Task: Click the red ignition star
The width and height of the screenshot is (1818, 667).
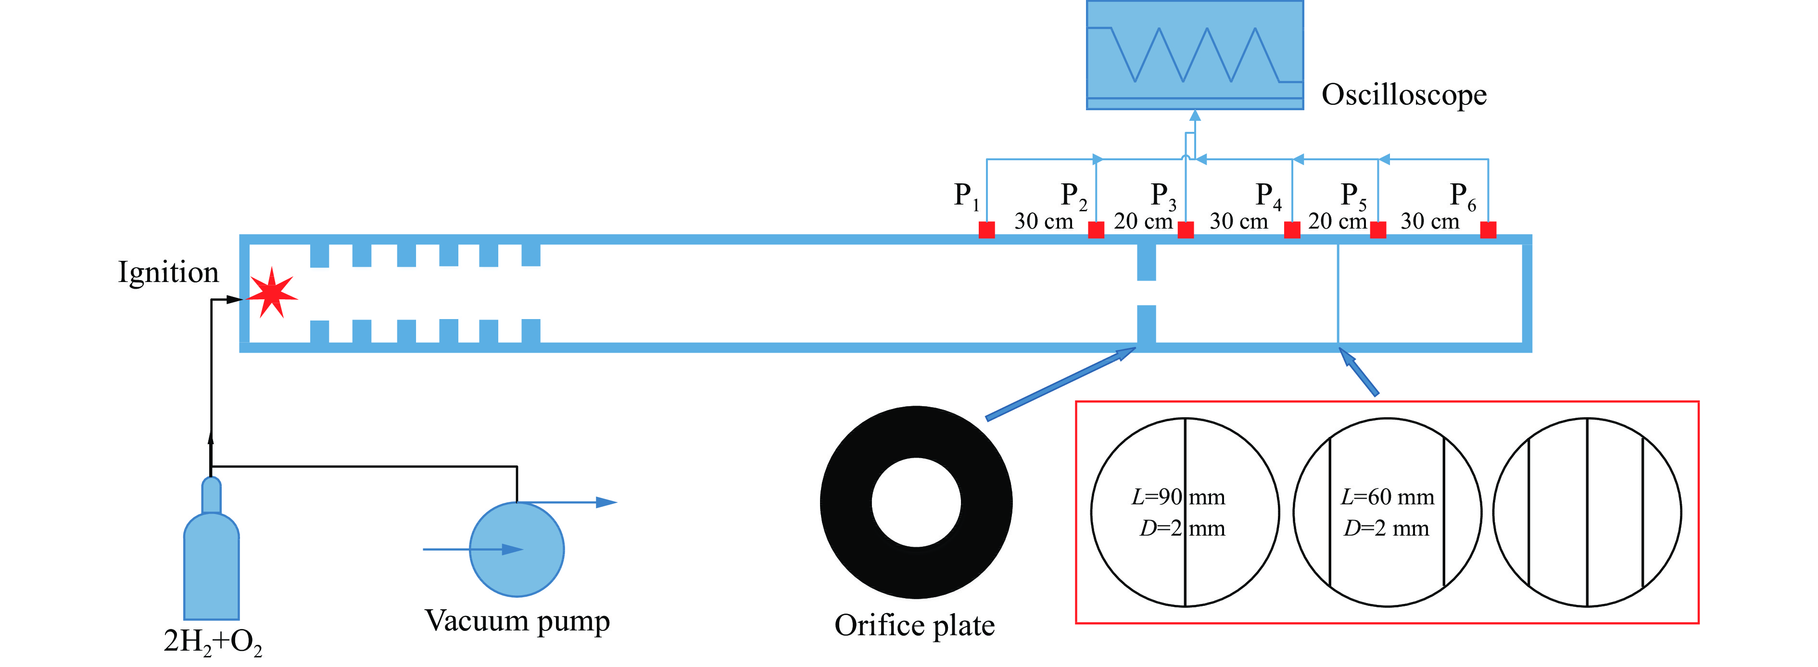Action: pos(272,294)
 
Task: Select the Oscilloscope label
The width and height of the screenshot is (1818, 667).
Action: pos(1404,95)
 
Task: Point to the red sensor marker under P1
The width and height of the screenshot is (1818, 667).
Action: pos(986,230)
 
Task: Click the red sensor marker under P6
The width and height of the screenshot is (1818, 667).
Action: pos(1488,230)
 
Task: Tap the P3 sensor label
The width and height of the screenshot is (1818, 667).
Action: pos(1162,195)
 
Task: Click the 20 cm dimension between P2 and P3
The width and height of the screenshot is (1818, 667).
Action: pos(1143,221)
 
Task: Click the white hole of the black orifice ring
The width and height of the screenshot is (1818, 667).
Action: pos(916,502)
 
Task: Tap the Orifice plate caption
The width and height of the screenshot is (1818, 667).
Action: pos(915,625)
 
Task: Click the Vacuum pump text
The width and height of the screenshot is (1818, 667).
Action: pos(518,621)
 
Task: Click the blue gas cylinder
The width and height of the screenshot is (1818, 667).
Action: pos(212,558)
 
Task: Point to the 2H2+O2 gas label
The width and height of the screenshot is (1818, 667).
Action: pos(213,641)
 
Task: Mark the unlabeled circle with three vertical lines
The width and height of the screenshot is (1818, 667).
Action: pos(1587,513)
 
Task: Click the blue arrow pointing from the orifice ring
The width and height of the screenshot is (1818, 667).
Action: pos(1059,384)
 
